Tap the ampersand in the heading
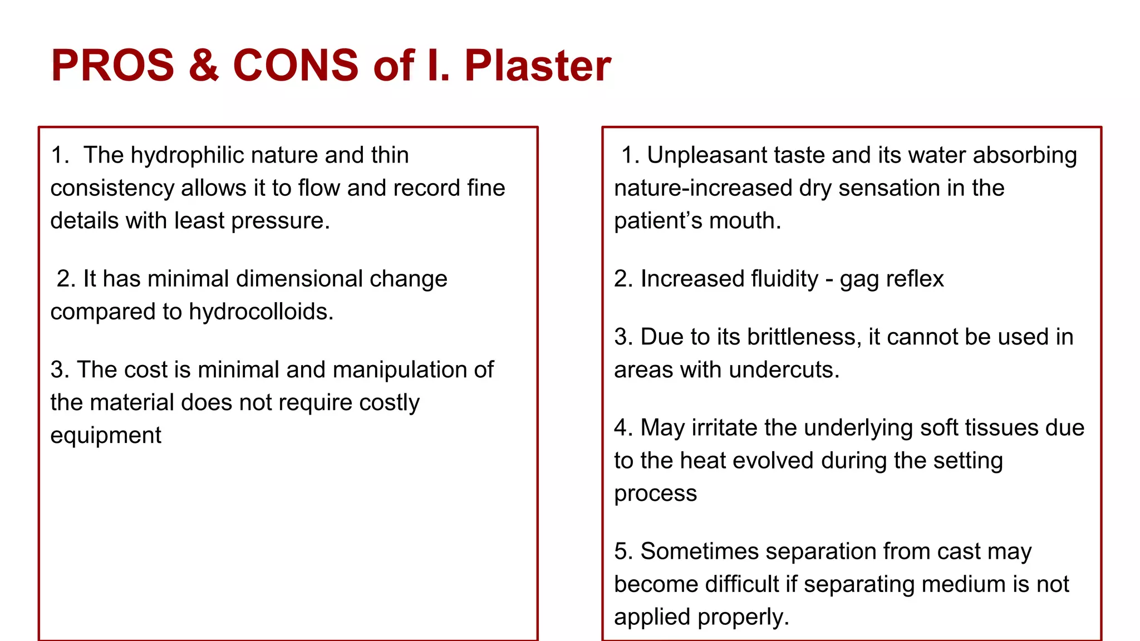point(204,66)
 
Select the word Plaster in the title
point(538,66)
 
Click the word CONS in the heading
point(296,66)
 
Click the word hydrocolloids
point(261,312)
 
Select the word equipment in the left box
point(106,436)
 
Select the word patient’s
point(650,221)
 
